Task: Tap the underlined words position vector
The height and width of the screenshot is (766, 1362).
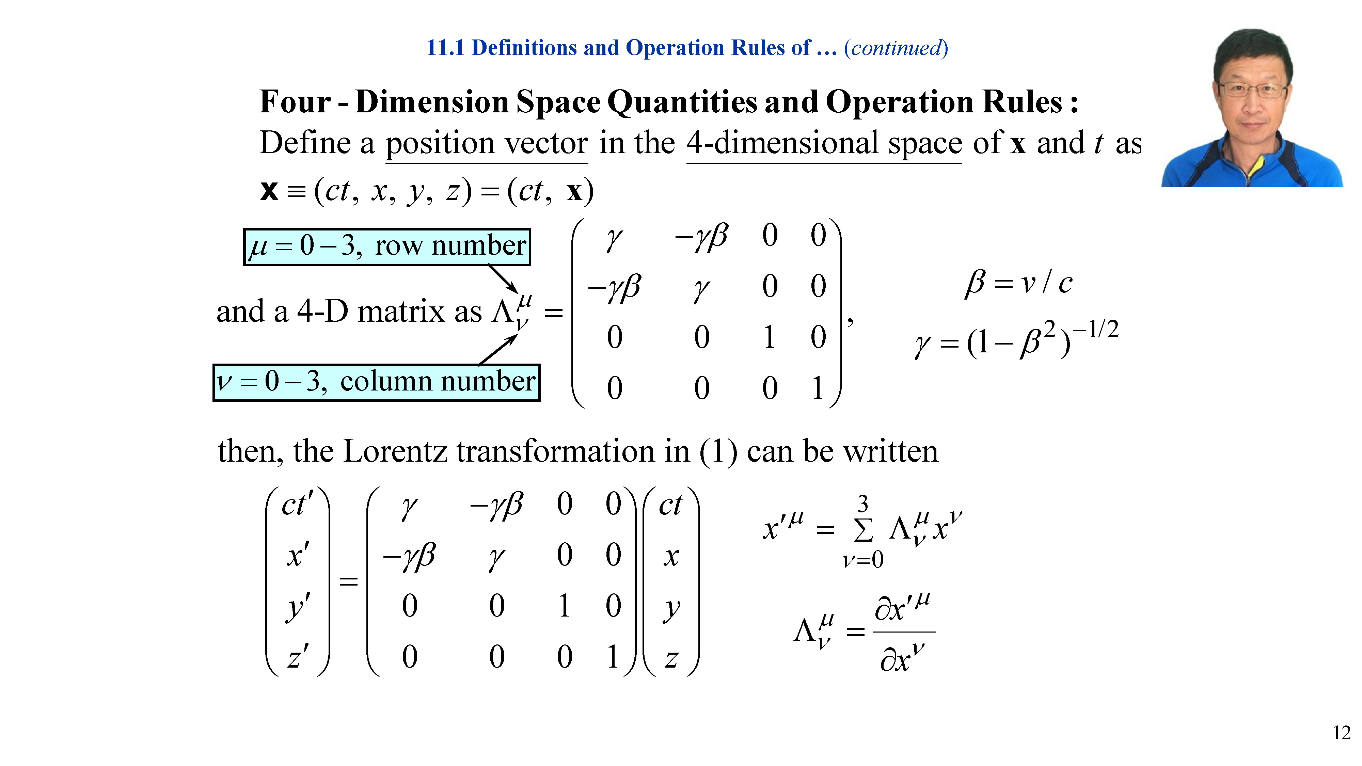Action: point(487,144)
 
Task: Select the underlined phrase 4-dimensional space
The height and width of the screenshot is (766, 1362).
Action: point(824,144)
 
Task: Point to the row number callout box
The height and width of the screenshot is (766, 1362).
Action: point(387,246)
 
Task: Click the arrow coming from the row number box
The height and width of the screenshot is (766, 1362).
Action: point(503,278)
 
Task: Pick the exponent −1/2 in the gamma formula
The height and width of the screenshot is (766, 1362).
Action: point(1095,329)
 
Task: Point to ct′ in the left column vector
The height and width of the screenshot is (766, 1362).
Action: point(298,504)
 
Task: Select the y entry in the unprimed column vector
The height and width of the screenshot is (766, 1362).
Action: point(671,608)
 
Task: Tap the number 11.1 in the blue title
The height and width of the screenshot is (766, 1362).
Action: point(445,48)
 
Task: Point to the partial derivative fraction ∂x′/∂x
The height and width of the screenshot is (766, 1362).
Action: point(903,632)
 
